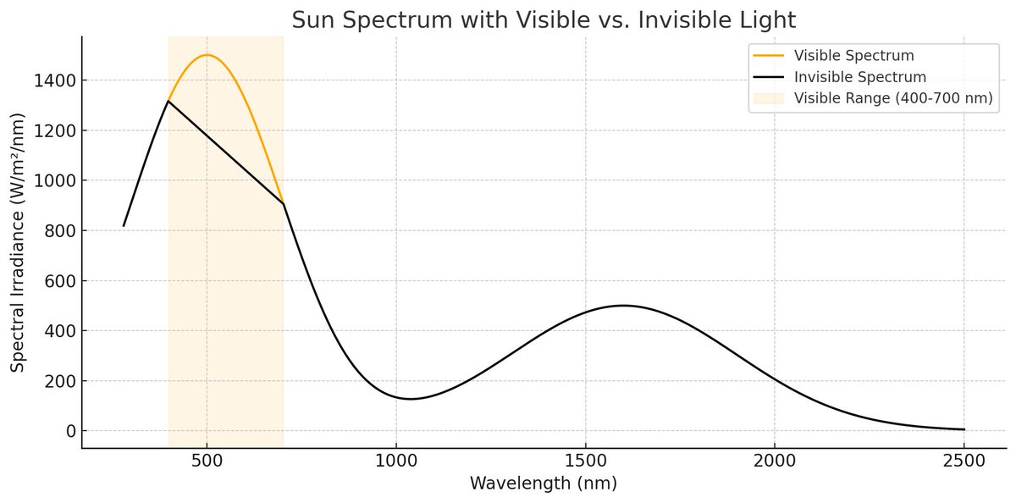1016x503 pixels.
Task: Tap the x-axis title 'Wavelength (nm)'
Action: coord(544,484)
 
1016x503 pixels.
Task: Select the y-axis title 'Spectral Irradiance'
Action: coord(18,242)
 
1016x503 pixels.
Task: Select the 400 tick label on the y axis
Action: coord(59,331)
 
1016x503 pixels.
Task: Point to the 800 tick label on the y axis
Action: coord(59,231)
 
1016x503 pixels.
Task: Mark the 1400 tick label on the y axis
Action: coord(54,80)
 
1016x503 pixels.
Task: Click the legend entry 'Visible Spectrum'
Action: coord(853,56)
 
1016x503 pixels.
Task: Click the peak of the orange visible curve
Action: coord(207,55)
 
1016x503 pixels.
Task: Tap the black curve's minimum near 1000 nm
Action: coord(411,399)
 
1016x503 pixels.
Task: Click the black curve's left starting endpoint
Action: coord(124,226)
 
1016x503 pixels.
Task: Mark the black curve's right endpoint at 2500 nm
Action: coord(964,429)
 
